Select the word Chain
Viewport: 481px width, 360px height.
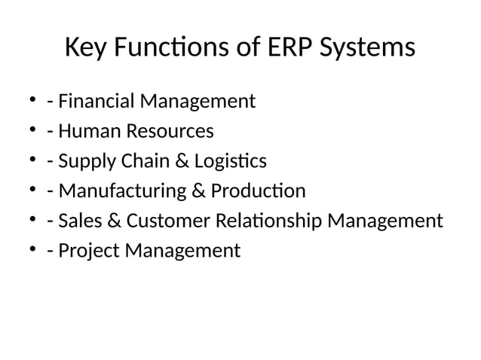142,161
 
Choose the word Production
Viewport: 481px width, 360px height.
258,191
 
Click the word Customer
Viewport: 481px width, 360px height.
170,221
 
